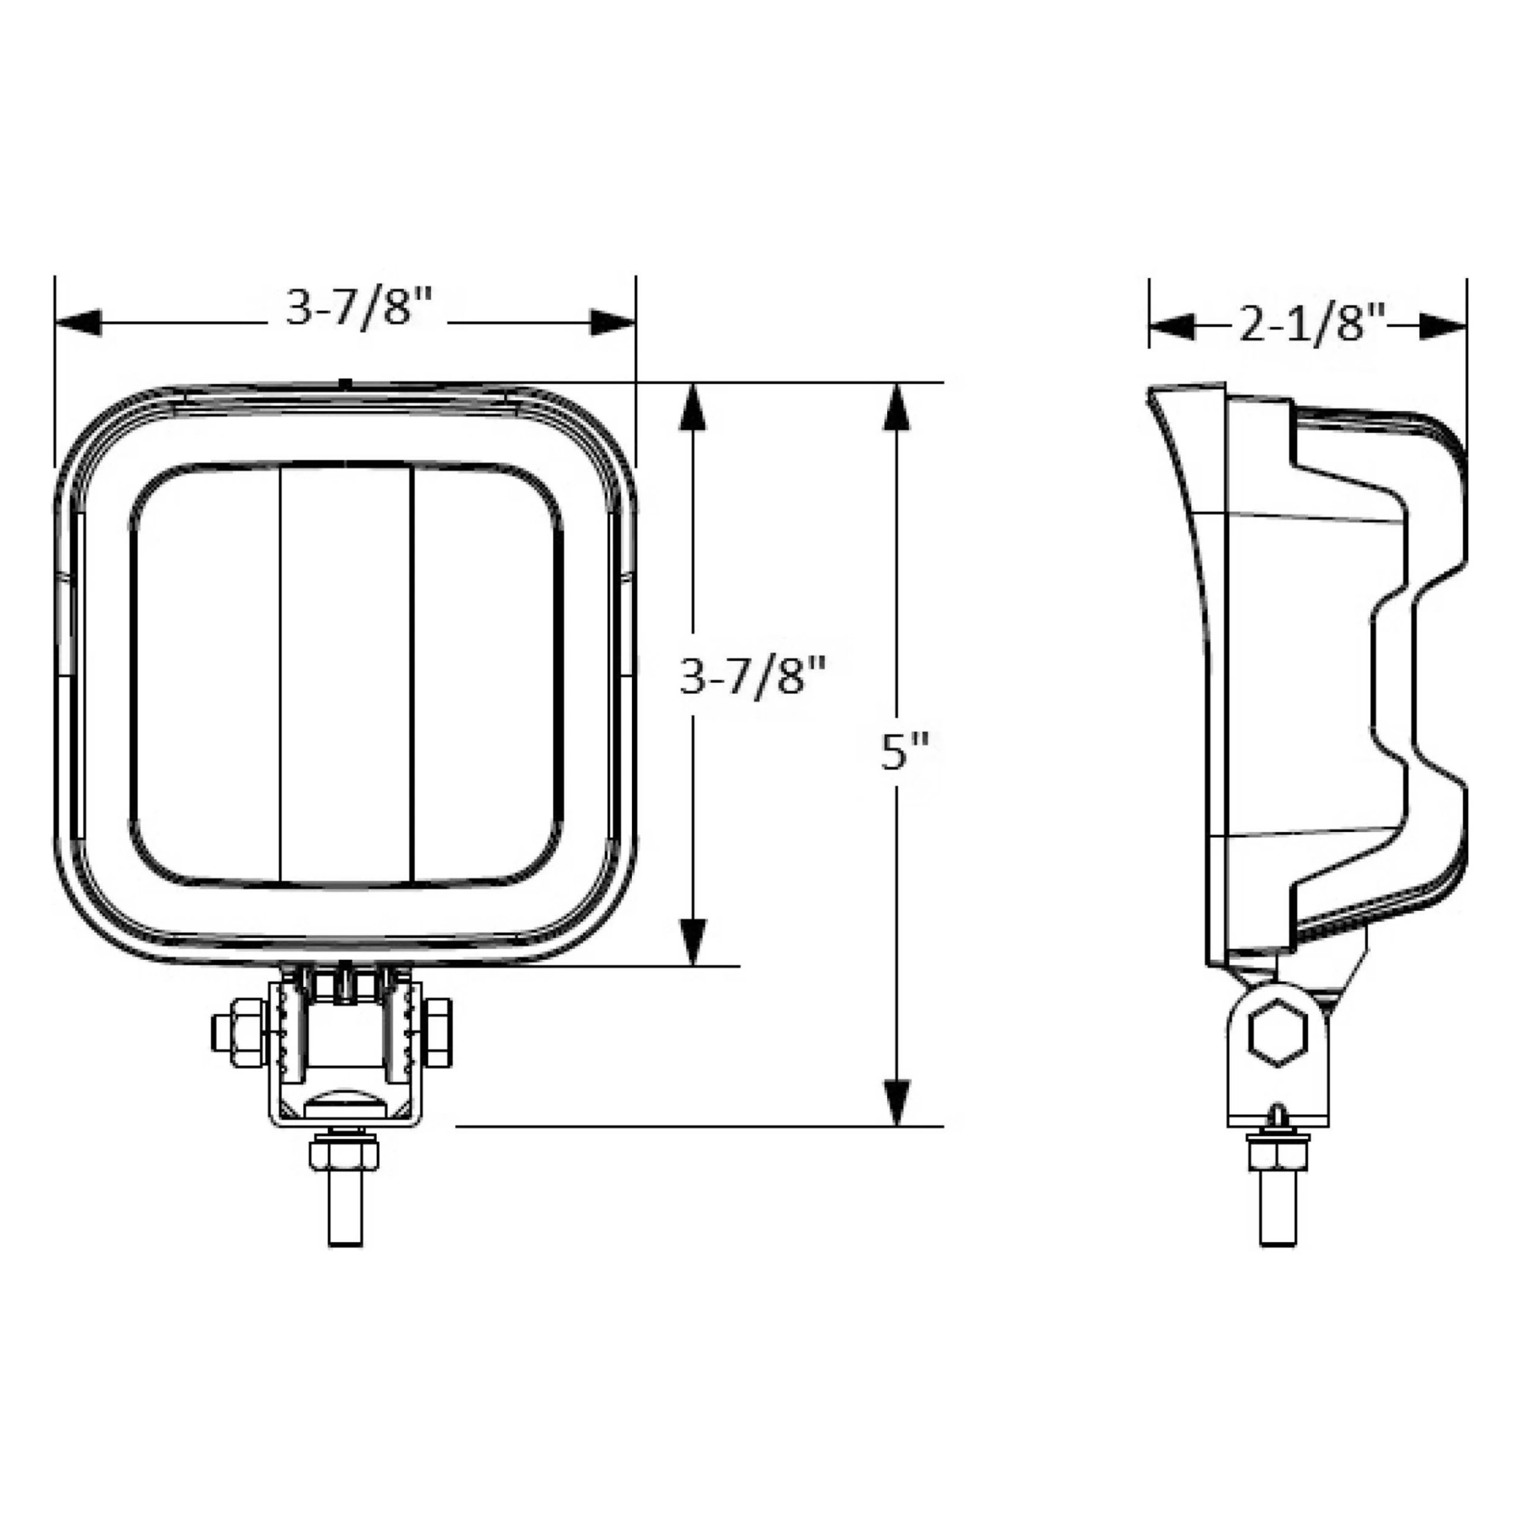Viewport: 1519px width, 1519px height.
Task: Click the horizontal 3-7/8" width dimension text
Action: [x=358, y=307]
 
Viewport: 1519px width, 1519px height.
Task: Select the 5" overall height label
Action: [x=904, y=752]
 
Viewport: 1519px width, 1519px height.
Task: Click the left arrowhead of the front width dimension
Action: [x=78, y=323]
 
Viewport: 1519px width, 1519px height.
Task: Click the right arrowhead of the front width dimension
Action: [x=612, y=323]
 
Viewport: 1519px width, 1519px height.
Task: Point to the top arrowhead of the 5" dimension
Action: [x=896, y=407]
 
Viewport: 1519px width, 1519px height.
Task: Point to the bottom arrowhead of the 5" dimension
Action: [x=896, y=1102]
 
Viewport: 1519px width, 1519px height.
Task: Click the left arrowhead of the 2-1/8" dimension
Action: [x=1171, y=326]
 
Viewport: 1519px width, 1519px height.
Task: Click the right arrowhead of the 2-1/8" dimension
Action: [x=1442, y=326]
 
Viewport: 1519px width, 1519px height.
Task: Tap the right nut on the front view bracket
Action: [x=437, y=1033]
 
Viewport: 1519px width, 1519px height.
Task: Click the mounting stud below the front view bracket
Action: [x=345, y=1212]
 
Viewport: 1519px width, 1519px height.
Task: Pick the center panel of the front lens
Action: [x=346, y=674]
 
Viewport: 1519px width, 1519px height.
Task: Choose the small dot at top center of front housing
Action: [x=345, y=383]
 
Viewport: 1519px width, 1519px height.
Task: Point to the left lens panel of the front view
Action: [x=206, y=674]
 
